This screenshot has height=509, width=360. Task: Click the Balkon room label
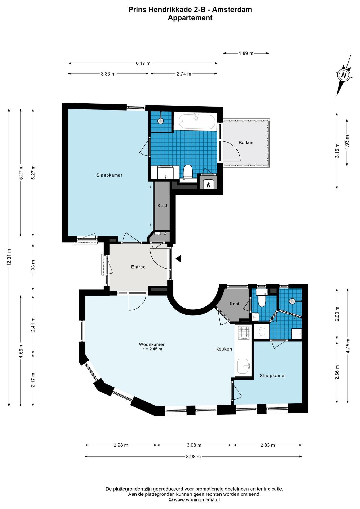tap(246, 143)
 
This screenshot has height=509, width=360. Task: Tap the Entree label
tap(138, 267)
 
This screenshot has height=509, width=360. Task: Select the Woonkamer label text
tap(152, 344)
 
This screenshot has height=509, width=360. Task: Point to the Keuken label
tap(224, 349)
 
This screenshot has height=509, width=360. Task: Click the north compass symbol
tap(344, 75)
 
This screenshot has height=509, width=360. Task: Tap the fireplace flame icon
tap(208, 185)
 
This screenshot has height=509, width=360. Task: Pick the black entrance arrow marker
tap(178, 258)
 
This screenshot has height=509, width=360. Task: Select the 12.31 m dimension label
tap(9, 257)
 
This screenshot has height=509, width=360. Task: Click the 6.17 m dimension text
tap(143, 63)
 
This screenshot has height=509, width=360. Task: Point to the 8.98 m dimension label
tap(193, 457)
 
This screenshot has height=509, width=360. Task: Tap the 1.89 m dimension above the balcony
tap(246, 53)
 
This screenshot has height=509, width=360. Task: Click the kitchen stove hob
tap(244, 333)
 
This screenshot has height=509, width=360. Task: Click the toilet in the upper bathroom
tap(188, 172)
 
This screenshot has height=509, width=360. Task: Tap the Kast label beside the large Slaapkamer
tap(162, 206)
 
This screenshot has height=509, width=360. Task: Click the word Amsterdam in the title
tap(232, 10)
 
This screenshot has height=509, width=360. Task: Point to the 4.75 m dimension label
tap(348, 346)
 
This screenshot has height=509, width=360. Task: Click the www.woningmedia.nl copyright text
tap(194, 500)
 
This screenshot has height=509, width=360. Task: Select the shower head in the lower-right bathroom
tap(292, 301)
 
